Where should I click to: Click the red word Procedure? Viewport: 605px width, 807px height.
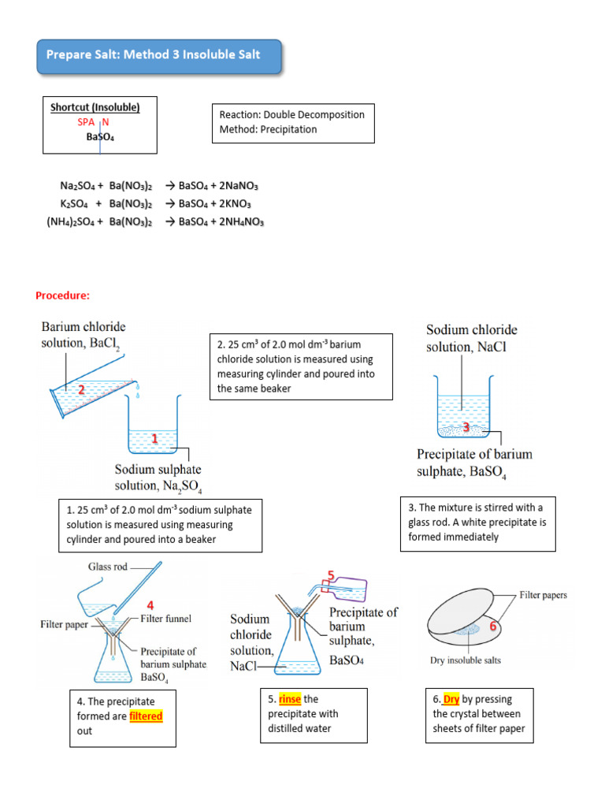point(63,296)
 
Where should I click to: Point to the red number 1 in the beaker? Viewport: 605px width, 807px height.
point(155,438)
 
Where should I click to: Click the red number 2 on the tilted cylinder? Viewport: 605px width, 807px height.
point(80,389)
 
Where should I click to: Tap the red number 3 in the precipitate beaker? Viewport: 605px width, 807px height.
point(466,427)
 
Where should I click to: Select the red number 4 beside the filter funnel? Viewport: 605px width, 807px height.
point(148,605)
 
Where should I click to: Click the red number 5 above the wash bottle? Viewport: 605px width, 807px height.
point(332,575)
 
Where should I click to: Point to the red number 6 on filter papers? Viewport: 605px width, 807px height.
point(494,625)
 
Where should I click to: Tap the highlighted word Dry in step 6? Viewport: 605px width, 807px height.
point(451,699)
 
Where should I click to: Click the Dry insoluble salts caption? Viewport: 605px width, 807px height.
point(466,660)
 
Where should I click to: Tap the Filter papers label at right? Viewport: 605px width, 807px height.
point(544,595)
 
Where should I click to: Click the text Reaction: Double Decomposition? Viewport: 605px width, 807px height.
point(291,115)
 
